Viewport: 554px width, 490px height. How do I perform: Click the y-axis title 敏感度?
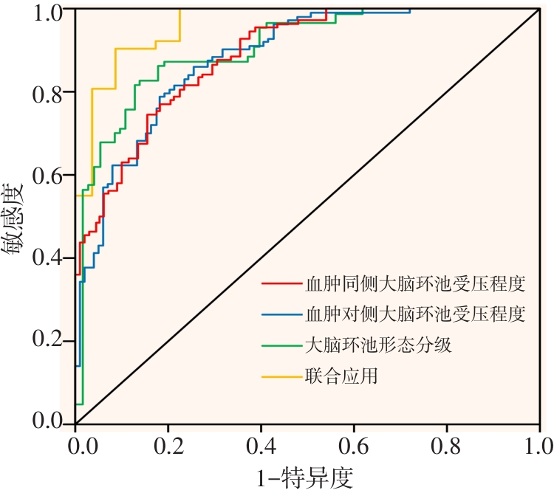pyautogui.click(x=16, y=218)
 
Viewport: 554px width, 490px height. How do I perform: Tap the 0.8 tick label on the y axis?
pyautogui.click(x=48, y=92)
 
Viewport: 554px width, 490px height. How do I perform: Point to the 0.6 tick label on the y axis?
pyautogui.click(x=48, y=176)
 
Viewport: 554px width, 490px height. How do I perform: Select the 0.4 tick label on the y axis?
pyautogui.click(x=48, y=258)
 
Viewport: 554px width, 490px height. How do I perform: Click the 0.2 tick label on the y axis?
pyautogui.click(x=48, y=341)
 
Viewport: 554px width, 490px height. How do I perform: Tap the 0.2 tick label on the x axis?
pyautogui.click(x=168, y=446)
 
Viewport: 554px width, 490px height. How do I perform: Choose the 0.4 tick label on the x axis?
pyautogui.click(x=261, y=446)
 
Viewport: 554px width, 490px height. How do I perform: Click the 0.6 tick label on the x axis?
pyautogui.click(x=354, y=446)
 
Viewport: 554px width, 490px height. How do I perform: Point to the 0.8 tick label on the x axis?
pyautogui.click(x=447, y=446)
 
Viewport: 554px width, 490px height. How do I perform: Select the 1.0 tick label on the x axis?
pyautogui.click(x=537, y=446)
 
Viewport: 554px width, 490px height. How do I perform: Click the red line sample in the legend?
pyautogui.click(x=280, y=283)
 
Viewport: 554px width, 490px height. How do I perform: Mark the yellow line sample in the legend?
pyautogui.click(x=280, y=376)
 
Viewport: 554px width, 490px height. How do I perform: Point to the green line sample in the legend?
pyautogui.click(x=280, y=345)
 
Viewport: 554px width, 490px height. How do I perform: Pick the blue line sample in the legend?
pyautogui.click(x=280, y=314)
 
